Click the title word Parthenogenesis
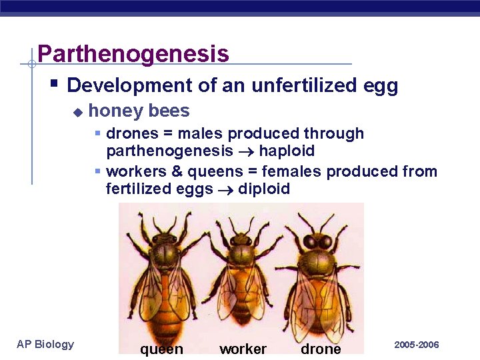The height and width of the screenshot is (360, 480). point(133,53)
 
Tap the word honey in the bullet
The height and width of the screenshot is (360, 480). point(109,111)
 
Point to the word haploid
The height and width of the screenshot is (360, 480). point(287,151)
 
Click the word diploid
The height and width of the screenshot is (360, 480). point(264,189)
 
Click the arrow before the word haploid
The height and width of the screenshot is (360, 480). point(246,152)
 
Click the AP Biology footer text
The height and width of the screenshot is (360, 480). point(45,344)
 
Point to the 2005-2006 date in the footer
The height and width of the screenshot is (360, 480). point(417,345)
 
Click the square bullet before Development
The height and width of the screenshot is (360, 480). point(55,84)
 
